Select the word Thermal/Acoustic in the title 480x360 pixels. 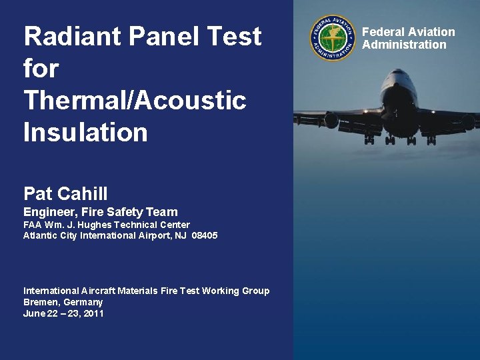coord(135,100)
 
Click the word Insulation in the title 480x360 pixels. coord(85,132)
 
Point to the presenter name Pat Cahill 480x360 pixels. coord(65,194)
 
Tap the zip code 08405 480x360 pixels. coord(205,235)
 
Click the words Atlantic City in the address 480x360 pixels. coord(51,235)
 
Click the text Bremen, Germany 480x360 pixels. coord(63,302)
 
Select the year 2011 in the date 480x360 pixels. coord(93,313)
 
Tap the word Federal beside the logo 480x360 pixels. coord(383,32)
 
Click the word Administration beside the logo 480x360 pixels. coord(404,45)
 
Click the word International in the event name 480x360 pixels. coord(51,291)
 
